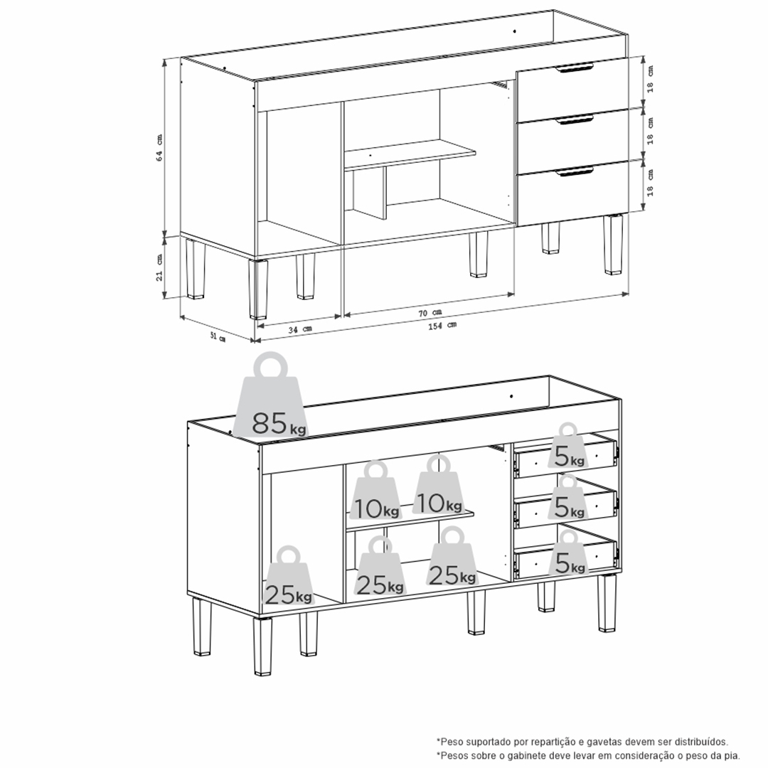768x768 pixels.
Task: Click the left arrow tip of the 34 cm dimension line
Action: pyautogui.click(x=257, y=324)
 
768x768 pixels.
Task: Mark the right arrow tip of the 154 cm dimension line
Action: pyautogui.click(x=629, y=294)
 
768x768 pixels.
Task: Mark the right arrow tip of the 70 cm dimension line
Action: pyautogui.click(x=514, y=294)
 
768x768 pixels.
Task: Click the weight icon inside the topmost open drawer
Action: pyautogui.click(x=568, y=446)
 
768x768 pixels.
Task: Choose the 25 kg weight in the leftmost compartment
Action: pyautogui.click(x=288, y=577)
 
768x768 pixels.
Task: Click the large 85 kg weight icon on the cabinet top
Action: pyautogui.click(x=272, y=395)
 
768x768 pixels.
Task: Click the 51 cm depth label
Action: pyautogui.click(x=218, y=337)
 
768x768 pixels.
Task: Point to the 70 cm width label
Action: pyautogui.click(x=430, y=313)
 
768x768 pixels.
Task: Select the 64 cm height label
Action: pyautogui.click(x=159, y=147)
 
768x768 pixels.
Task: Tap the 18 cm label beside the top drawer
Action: pyautogui.click(x=650, y=80)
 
